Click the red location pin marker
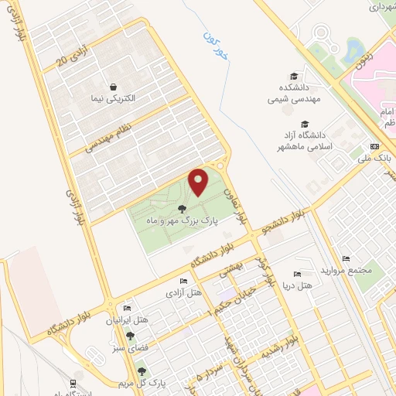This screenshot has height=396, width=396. click(198, 182)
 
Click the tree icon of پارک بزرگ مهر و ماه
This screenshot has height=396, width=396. click(182, 209)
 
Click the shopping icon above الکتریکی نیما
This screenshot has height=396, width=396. click(114, 87)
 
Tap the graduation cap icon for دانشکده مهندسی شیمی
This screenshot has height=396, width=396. click(294, 76)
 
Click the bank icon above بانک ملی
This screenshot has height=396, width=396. click(375, 147)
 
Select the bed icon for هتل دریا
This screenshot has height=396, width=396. click(297, 275)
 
